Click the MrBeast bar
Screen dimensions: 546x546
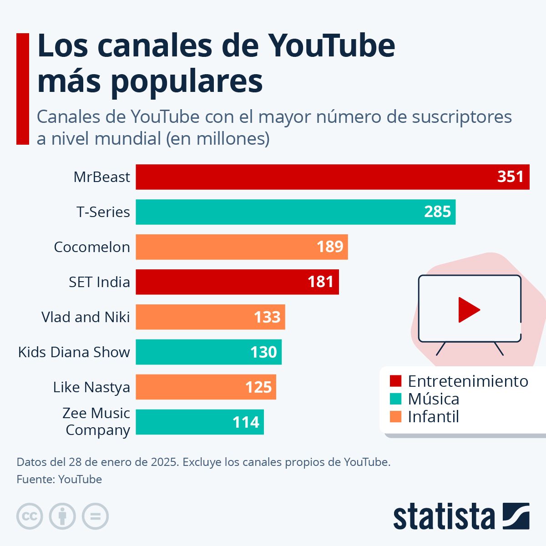point(318,177)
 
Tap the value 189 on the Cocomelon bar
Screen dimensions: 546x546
point(330,247)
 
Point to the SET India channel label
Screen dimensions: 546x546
point(99,282)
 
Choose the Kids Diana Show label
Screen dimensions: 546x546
point(74,352)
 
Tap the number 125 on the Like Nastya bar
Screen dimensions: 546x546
point(258,387)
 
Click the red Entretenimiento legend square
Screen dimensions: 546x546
point(396,381)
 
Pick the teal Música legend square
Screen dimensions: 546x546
point(396,399)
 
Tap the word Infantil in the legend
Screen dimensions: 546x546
point(433,417)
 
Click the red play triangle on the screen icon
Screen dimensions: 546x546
point(468,310)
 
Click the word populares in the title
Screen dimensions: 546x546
point(187,82)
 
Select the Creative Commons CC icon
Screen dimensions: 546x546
point(30,516)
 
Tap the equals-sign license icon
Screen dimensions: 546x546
point(95,516)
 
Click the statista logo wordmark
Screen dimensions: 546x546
point(444,517)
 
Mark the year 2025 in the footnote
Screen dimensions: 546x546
point(164,462)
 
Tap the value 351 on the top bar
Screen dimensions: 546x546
point(511,177)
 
